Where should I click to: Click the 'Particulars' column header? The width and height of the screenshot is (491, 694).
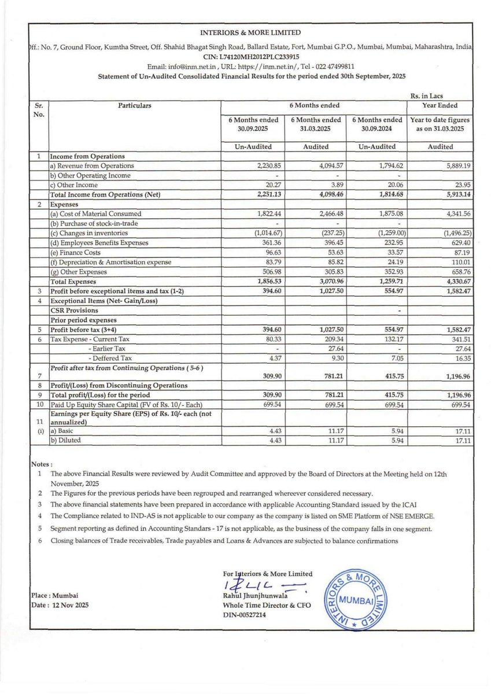[x=134, y=106]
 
